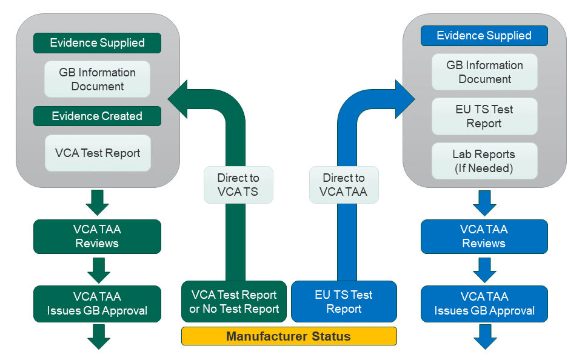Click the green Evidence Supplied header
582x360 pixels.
click(97, 43)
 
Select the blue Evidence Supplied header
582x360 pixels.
click(484, 36)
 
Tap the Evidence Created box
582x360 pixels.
click(97, 116)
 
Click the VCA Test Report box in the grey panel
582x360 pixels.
click(98, 153)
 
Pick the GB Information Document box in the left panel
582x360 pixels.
click(97, 79)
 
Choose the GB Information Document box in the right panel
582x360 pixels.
click(484, 72)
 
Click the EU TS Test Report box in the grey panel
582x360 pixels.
click(484, 116)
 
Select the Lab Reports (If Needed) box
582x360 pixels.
click(484, 161)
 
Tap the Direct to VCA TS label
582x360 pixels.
click(238, 185)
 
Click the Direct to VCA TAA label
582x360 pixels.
click(344, 185)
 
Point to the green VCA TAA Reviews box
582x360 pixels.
click(97, 236)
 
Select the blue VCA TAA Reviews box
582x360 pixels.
click(484, 236)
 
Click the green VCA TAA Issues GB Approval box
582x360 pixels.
click(97, 304)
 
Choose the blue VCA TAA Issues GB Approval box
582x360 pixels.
click(484, 304)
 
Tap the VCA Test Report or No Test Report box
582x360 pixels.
click(234, 301)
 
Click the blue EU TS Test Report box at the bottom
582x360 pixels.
click(344, 301)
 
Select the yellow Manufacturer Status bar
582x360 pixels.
click(289, 336)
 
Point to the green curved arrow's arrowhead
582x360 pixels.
click(178, 99)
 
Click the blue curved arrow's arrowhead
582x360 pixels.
click(404, 99)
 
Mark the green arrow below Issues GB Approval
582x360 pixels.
click(99, 336)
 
